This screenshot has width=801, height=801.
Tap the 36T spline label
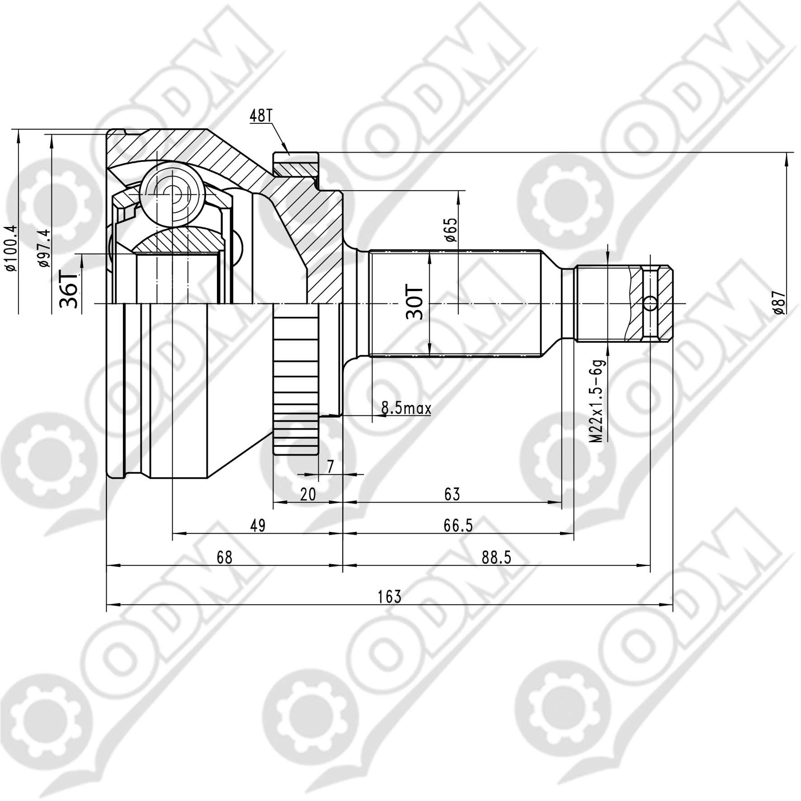[69, 289]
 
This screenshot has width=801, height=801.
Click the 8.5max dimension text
[406, 409]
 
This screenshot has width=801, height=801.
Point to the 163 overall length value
[390, 597]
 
